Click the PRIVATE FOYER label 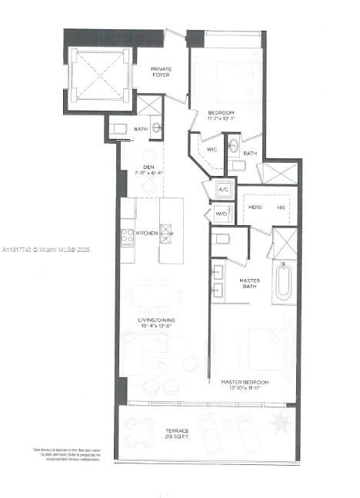point(161,74)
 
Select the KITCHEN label point(147,232)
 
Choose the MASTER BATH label point(249,284)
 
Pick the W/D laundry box point(222,214)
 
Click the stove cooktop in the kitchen point(128,236)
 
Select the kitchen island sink point(165,236)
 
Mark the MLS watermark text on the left point(46,250)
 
